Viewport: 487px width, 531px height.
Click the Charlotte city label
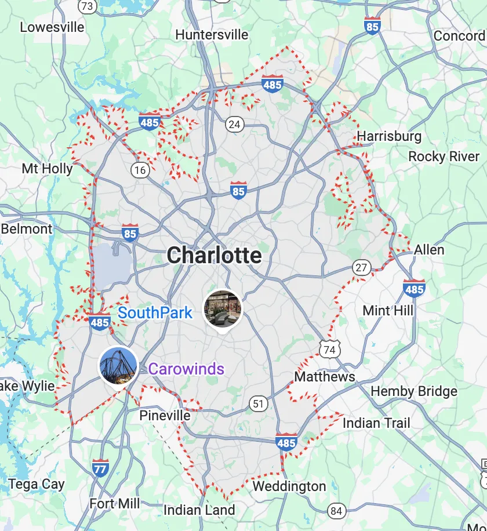coord(215,255)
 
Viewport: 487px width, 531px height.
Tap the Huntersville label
coord(212,35)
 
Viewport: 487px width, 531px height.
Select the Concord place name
coord(459,36)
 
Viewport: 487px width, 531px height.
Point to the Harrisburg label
coord(389,137)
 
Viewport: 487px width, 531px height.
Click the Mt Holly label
coord(47,169)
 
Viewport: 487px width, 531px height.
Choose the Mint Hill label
coord(388,310)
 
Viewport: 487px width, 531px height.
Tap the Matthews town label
coord(325,377)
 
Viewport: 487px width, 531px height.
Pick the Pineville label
coord(165,416)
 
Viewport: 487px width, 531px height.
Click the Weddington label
coord(289,486)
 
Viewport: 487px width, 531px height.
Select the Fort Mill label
coord(114,503)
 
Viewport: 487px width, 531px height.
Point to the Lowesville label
coord(52,27)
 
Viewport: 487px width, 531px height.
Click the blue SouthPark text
coord(155,313)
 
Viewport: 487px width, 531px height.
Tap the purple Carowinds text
coord(186,369)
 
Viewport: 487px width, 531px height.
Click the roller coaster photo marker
coord(118,365)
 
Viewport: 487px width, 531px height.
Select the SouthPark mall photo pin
coord(223,309)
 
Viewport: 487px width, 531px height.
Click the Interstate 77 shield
coord(100,467)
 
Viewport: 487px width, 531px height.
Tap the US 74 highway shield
coord(329,349)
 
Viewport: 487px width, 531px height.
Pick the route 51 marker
coord(258,403)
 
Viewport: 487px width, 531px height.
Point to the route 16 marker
coord(140,170)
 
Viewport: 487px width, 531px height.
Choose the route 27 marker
coord(362,267)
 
